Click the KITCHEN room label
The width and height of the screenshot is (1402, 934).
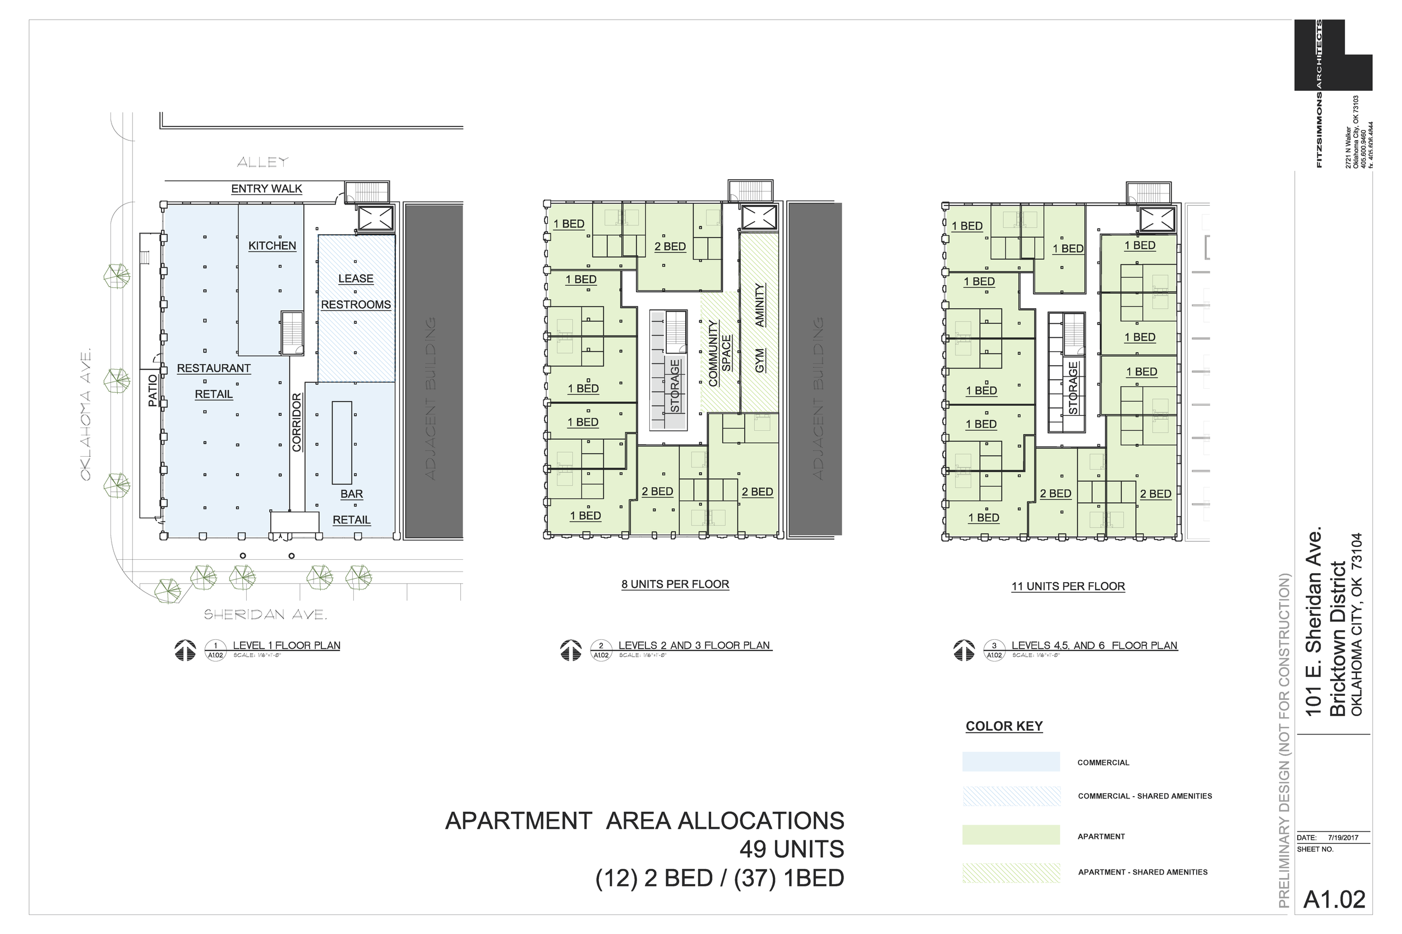pyautogui.click(x=272, y=245)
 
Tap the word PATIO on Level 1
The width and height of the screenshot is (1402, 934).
pyautogui.click(x=153, y=391)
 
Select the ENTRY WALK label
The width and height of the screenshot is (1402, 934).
pyautogui.click(x=266, y=189)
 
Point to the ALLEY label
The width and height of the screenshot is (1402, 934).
pyautogui.click(x=262, y=162)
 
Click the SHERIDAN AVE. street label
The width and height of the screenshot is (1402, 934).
pyautogui.click(x=265, y=615)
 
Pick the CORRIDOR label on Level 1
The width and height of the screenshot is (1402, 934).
pyautogui.click(x=296, y=422)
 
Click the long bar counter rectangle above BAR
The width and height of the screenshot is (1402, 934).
pyautogui.click(x=342, y=442)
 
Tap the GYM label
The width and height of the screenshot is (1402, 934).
pyautogui.click(x=759, y=361)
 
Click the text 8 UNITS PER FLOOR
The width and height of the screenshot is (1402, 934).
pyautogui.click(x=675, y=584)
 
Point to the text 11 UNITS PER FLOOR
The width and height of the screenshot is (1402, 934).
pyautogui.click(x=1068, y=586)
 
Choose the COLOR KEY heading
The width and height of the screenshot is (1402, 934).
pyautogui.click(x=1004, y=726)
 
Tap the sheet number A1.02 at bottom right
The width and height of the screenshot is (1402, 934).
pyautogui.click(x=1334, y=900)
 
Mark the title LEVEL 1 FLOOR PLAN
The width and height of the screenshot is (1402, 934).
pyautogui.click(x=286, y=645)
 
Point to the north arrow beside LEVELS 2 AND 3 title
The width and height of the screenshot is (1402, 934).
pyautogui.click(x=570, y=650)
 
